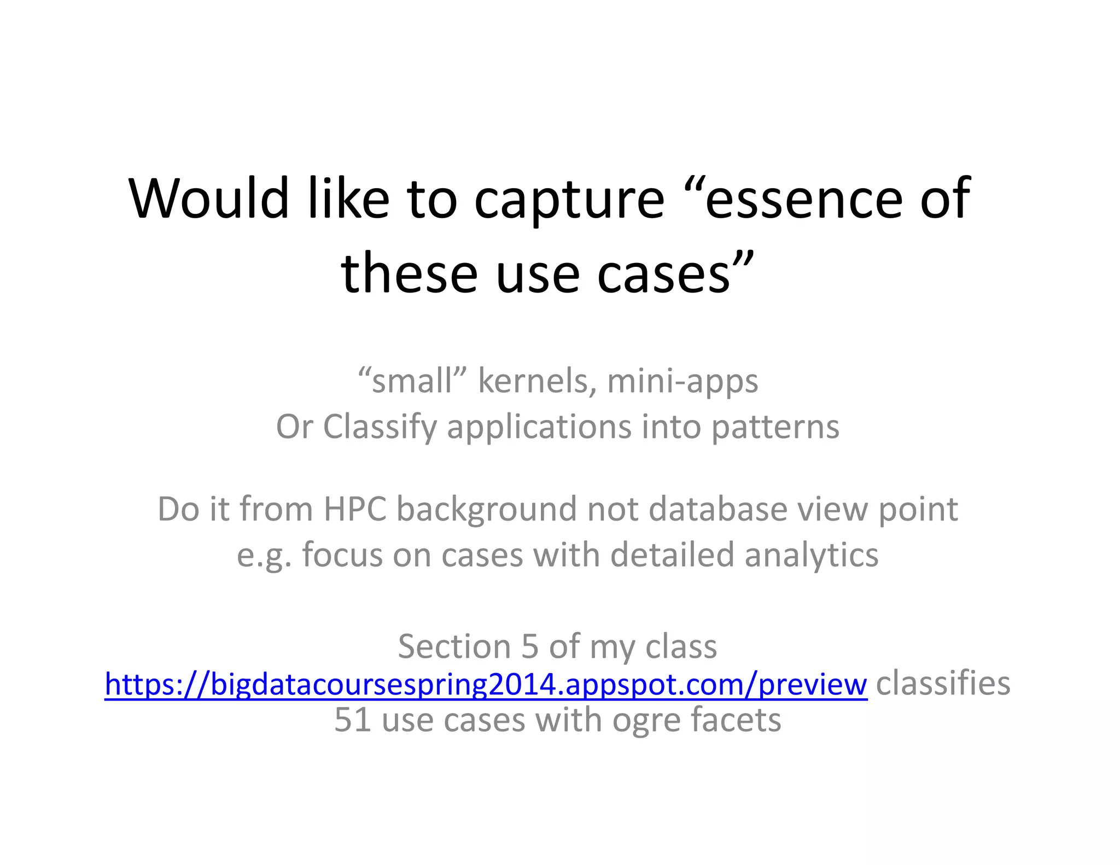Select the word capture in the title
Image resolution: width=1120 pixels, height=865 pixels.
[569, 200]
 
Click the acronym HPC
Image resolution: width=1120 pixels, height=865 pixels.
[355, 509]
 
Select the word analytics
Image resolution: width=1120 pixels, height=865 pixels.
[812, 556]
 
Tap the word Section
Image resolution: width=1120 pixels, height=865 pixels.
[454, 646]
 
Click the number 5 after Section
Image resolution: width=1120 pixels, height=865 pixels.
[530, 646]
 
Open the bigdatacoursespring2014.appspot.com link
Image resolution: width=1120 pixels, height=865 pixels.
[486, 684]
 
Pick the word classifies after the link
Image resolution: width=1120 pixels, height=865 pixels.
[943, 683]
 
